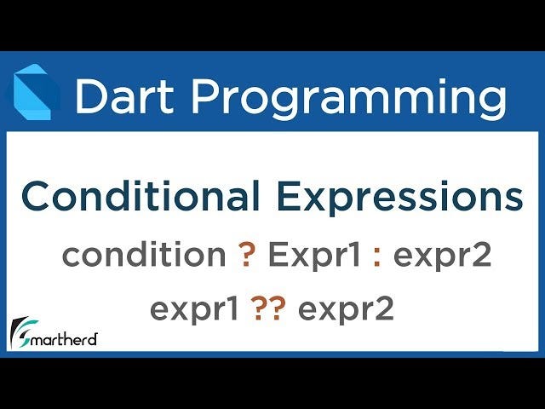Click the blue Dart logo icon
32,92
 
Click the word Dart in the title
124,95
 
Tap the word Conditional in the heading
141,196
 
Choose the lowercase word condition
144,254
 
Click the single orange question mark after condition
247,254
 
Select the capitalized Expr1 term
314,256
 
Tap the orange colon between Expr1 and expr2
377,258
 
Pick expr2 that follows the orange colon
442,258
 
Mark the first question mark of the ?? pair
260,308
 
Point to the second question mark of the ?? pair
278,308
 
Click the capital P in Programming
204,95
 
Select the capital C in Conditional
37,196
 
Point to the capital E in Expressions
289,196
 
